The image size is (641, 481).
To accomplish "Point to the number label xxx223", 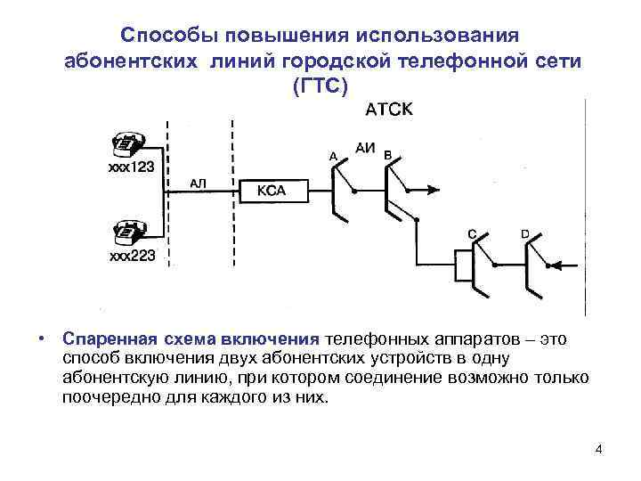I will click(x=132, y=256).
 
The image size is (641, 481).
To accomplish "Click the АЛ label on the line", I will click(x=199, y=183).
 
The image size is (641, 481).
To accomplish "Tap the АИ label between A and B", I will click(x=365, y=146).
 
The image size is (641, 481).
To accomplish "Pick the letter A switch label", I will click(x=333, y=156).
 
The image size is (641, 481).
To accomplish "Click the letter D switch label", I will click(x=524, y=233).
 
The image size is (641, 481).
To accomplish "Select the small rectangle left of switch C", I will click(x=462, y=265).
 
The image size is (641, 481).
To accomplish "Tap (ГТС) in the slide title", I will click(x=320, y=86).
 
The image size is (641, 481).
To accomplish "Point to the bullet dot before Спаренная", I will click(x=42, y=339).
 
